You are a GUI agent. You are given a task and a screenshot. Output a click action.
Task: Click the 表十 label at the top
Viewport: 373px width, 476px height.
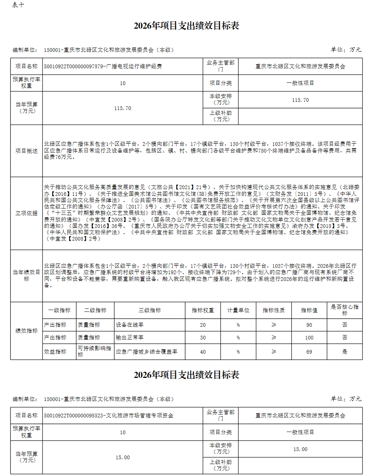coord(18,5)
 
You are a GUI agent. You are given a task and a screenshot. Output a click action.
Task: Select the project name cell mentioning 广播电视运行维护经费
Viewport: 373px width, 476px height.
coord(103,66)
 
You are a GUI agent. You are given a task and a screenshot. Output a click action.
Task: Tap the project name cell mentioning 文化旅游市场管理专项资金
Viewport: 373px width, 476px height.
coord(109,416)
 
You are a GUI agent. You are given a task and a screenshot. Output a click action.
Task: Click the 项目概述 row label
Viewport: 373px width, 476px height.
coord(26,151)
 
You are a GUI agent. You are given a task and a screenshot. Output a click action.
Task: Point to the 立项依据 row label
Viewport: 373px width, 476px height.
coord(26,213)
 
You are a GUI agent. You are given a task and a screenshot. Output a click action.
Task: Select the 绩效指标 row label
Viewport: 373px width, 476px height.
coord(26,331)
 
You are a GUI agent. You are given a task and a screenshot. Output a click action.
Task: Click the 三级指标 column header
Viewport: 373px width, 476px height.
coord(150,310)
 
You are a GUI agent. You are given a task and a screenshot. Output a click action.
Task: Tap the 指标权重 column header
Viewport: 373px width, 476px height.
coord(203,310)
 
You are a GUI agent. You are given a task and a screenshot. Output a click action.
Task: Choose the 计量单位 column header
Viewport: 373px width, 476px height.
coord(238,310)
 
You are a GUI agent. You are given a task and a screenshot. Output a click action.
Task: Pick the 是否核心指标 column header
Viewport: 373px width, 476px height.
coord(344,310)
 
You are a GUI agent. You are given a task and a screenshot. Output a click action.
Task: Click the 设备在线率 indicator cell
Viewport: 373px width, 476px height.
coord(130,325)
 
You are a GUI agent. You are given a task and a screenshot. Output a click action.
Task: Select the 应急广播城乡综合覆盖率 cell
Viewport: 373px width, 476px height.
coord(147,352)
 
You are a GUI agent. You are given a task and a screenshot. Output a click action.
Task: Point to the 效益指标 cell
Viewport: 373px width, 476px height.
coord(55,352)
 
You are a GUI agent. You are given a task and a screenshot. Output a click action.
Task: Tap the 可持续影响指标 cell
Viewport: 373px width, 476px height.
coord(94,351)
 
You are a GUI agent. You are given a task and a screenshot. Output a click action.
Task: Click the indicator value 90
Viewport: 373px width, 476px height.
coord(309,325)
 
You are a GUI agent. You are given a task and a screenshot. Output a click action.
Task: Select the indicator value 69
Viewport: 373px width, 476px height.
coord(309,352)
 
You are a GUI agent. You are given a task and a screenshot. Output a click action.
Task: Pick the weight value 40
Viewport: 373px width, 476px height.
coord(203,352)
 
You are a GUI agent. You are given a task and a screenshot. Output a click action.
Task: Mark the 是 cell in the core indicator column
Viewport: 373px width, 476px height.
coord(345,352)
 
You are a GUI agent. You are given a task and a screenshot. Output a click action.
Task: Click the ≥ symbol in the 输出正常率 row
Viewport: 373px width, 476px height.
coord(274,338)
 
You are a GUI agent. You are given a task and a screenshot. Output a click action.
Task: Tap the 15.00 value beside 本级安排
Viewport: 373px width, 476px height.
coord(300,449)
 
